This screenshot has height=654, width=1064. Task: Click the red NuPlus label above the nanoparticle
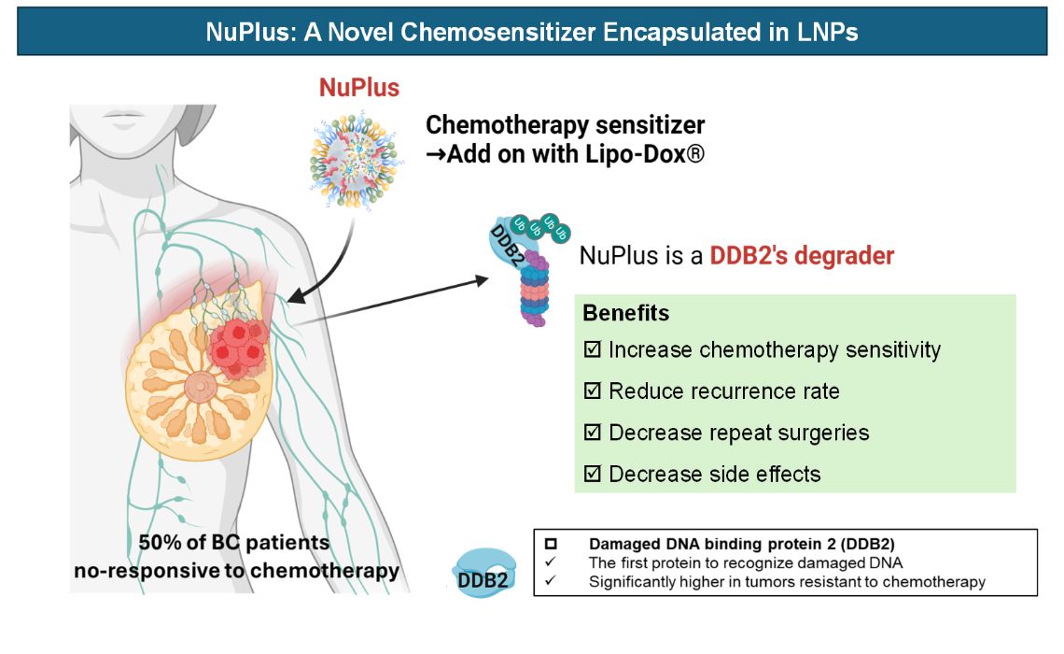coord(359,88)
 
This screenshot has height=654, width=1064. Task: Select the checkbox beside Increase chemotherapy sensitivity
coord(592,350)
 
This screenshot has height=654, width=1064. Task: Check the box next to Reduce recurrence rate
coord(592,391)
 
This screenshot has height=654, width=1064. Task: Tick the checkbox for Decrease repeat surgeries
coord(592,433)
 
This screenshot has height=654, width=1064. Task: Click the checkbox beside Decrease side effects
coord(592,474)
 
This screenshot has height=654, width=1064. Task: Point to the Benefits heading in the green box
coord(626,313)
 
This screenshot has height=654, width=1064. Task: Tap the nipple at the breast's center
coord(199,385)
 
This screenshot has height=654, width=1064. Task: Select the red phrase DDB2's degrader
coord(802,255)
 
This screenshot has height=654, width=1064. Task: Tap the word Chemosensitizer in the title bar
coord(511,32)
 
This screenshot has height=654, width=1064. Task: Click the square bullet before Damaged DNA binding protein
coord(550,543)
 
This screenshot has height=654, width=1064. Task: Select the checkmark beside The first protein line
coord(550,562)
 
